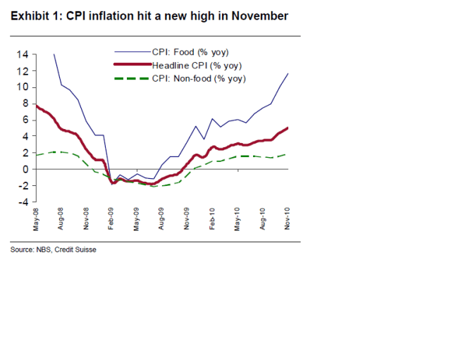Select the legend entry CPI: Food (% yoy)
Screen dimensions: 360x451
point(190,51)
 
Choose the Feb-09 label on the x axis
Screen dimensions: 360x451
point(111,220)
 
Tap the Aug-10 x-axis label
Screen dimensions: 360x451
point(264,220)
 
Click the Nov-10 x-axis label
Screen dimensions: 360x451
point(288,220)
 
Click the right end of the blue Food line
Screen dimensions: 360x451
point(288,73)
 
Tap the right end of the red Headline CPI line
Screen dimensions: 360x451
point(288,128)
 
